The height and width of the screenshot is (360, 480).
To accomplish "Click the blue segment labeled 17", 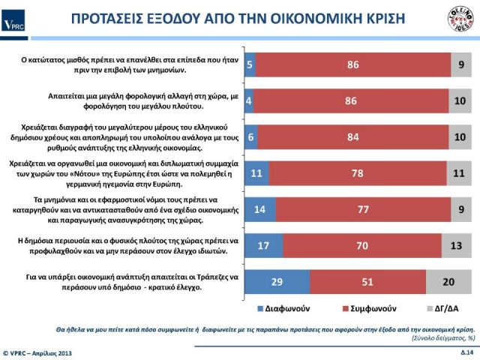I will point(265,244).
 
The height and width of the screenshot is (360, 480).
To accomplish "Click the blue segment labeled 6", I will point(252,137).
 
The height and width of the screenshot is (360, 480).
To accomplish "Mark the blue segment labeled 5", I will point(250,64).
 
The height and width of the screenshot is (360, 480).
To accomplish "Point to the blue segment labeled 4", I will point(250,100).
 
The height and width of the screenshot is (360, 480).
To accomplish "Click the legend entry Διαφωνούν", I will point(284,307).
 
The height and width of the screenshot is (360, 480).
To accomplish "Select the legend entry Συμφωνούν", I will point(368,307).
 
